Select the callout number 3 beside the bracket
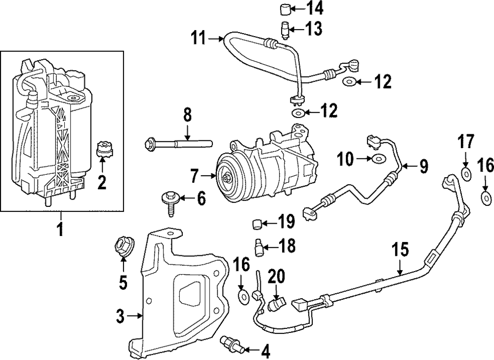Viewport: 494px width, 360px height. (120, 316)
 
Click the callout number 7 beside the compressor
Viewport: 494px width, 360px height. (195, 175)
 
